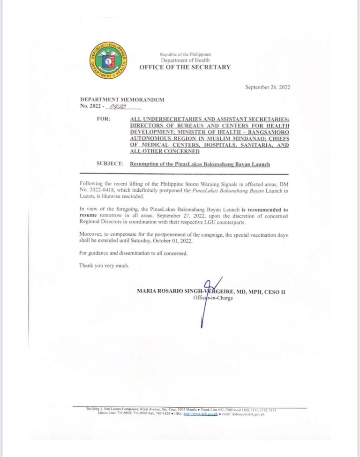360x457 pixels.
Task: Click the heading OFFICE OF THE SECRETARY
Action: click(x=185, y=67)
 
